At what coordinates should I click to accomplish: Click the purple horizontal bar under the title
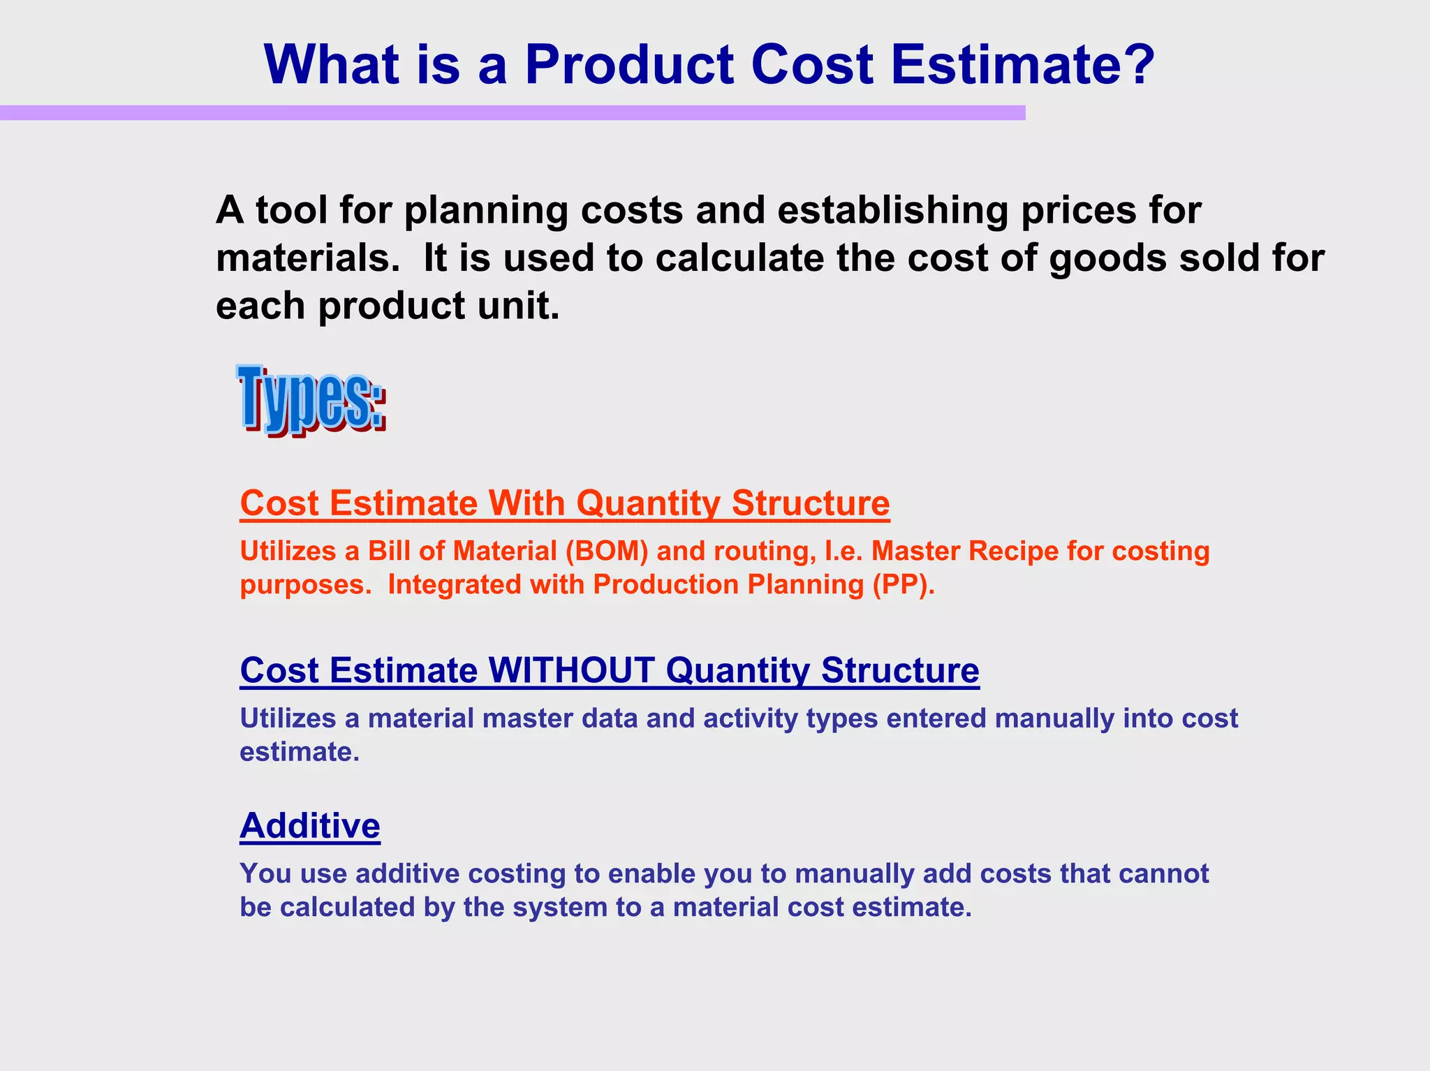[x=512, y=113]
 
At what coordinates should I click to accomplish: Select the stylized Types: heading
[x=311, y=399]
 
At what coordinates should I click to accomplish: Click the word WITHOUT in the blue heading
[x=572, y=670]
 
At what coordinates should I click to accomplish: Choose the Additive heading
[x=310, y=826]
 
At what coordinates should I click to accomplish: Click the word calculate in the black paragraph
[x=740, y=258]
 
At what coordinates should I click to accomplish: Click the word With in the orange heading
[x=526, y=503]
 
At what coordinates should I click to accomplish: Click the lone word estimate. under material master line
[x=300, y=753]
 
